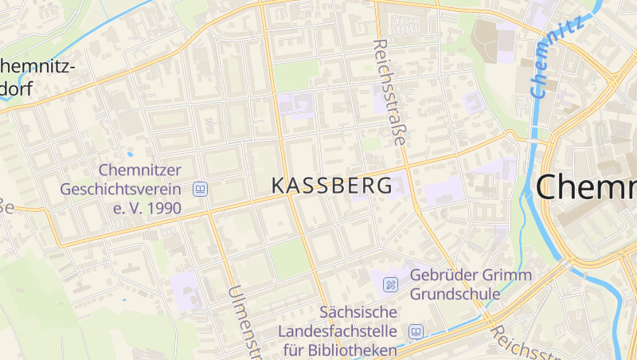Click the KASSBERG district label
tap(332, 186)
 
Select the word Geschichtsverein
tap(121, 190)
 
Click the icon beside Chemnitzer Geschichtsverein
tap(200, 190)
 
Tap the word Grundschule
tap(455, 294)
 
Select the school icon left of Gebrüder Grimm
tap(390, 284)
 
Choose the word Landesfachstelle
tap(338, 331)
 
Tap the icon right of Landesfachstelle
tap(415, 331)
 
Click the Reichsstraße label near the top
tap(389, 92)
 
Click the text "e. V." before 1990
tap(124, 209)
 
